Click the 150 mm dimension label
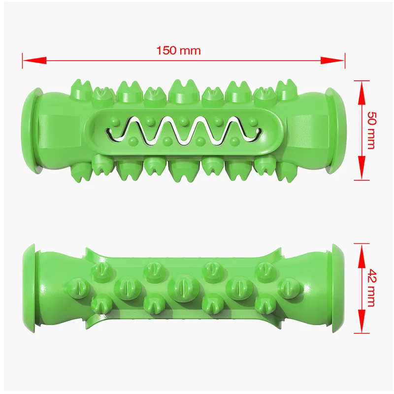pos(178,51)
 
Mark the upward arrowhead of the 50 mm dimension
pos(362,89)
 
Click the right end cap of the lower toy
pos(339,287)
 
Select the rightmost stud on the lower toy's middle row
pos(288,287)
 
